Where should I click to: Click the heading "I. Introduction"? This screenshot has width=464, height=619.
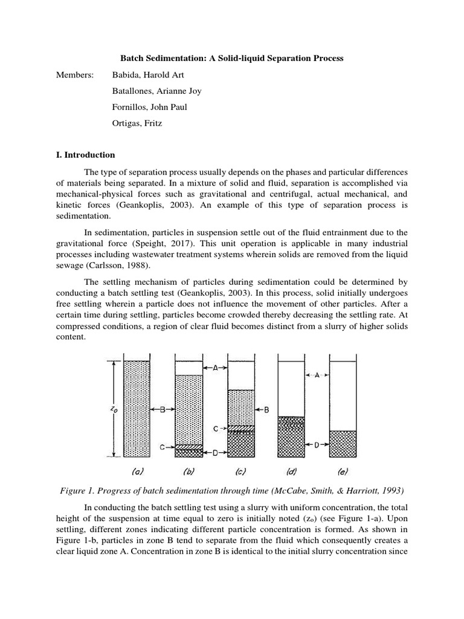coord(85,155)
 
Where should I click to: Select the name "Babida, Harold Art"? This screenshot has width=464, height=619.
coord(147,75)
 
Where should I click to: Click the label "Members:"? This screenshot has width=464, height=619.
coord(74,75)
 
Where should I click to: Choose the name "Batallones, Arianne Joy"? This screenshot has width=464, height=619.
coord(156,91)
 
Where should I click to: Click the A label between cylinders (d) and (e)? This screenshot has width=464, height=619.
coord(317,375)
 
